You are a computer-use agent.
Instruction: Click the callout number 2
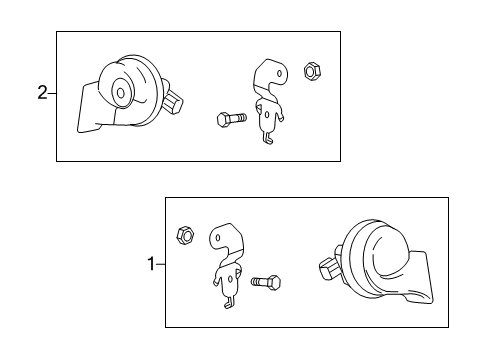tap(42, 93)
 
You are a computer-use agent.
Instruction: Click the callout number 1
tap(151, 264)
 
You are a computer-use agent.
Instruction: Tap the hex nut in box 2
tap(312, 71)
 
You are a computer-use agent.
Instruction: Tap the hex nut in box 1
tap(186, 235)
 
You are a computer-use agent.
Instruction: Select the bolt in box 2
tap(232, 119)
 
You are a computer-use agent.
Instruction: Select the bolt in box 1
tap(266, 282)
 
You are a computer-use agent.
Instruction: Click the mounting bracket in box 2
tap(270, 100)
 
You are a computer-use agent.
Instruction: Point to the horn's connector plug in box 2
tap(173, 104)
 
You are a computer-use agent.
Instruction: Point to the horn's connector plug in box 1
tap(329, 268)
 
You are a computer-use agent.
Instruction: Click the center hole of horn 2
tap(121, 93)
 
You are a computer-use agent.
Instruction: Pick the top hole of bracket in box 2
tap(280, 73)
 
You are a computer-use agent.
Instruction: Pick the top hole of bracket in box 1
tap(218, 238)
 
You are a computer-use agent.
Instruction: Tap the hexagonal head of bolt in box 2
tap(223, 120)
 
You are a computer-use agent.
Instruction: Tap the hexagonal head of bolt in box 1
tap(274, 283)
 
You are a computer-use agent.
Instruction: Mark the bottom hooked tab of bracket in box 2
tap(268, 138)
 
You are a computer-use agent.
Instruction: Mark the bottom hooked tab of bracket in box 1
tap(229, 303)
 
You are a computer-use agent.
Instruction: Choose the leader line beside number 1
tap(160, 264)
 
